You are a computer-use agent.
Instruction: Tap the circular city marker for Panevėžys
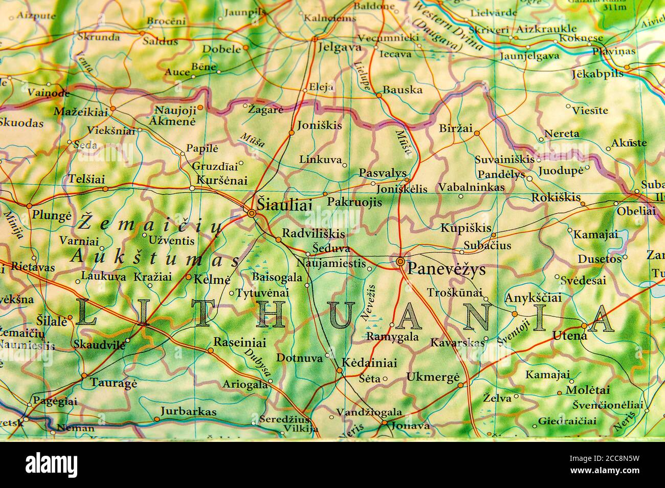(400, 262)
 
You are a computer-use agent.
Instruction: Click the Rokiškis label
(556, 197)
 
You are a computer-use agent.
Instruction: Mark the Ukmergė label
(433, 377)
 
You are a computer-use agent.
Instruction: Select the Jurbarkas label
(188, 411)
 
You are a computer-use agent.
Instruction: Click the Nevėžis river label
(369, 302)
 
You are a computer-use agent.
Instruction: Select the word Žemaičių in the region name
(149, 223)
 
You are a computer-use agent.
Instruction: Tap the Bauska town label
(403, 90)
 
